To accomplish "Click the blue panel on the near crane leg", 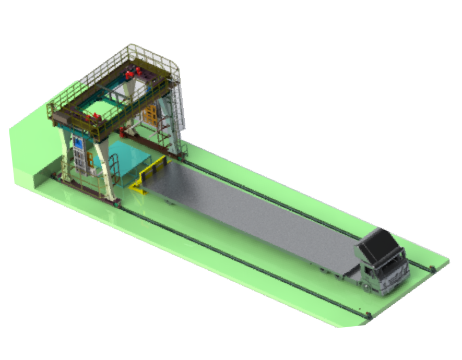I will [79, 143].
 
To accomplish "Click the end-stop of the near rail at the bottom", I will [369, 314].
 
